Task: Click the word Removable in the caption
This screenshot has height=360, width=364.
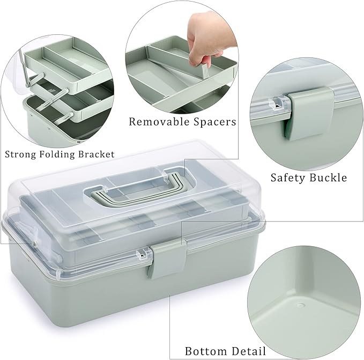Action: pos(154,122)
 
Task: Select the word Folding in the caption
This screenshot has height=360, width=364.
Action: pos(58,155)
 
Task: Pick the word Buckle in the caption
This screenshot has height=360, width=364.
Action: pos(329,178)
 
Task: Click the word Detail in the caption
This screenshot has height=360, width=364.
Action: pos(247,352)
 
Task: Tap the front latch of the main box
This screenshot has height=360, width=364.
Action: pos(167,261)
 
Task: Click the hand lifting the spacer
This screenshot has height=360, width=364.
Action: pos(209,32)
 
